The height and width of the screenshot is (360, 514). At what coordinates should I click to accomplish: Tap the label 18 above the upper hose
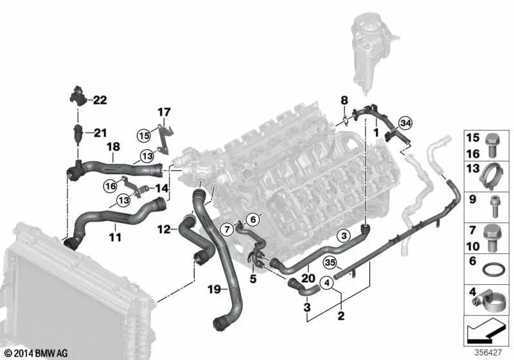point(112,147)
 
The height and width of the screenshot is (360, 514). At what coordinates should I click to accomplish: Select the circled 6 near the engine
point(252,220)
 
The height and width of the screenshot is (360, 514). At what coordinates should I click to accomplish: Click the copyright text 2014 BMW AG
point(32,353)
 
